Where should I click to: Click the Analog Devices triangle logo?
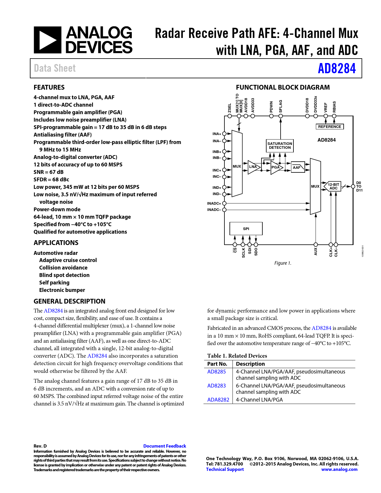(x=48, y=40)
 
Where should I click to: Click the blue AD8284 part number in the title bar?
(x=337, y=68)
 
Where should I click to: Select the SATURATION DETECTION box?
(x=280, y=146)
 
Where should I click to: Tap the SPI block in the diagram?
(x=246, y=229)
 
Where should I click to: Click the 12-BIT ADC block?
(x=333, y=186)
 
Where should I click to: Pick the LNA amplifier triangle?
(x=253, y=167)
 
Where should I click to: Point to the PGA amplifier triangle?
(x=276, y=167)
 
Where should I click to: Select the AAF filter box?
(x=297, y=167)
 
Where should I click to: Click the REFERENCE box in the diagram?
(x=330, y=127)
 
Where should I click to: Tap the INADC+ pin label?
(x=214, y=203)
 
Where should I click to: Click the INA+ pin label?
(x=217, y=134)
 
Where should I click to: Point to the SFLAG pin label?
(x=281, y=106)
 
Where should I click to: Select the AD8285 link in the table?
(x=217, y=372)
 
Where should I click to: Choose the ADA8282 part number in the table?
(x=218, y=400)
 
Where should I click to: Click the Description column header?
(x=250, y=364)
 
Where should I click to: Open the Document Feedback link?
(x=165, y=446)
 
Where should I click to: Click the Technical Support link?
(x=225, y=469)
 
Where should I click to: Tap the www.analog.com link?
(x=339, y=469)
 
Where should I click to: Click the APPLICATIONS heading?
(x=56, y=243)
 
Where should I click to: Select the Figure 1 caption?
(x=283, y=263)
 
